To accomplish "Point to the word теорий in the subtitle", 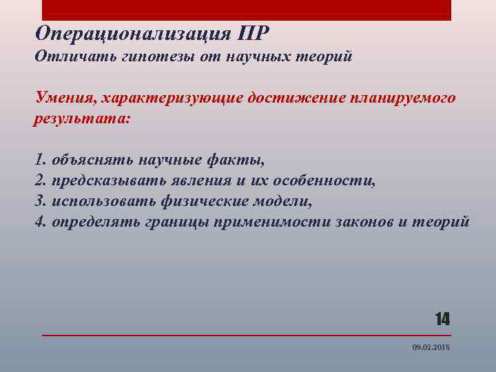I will pos(324,56).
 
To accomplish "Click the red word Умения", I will pos(65,98).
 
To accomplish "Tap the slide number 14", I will pos(442,318).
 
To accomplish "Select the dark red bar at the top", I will pos(247,10).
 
